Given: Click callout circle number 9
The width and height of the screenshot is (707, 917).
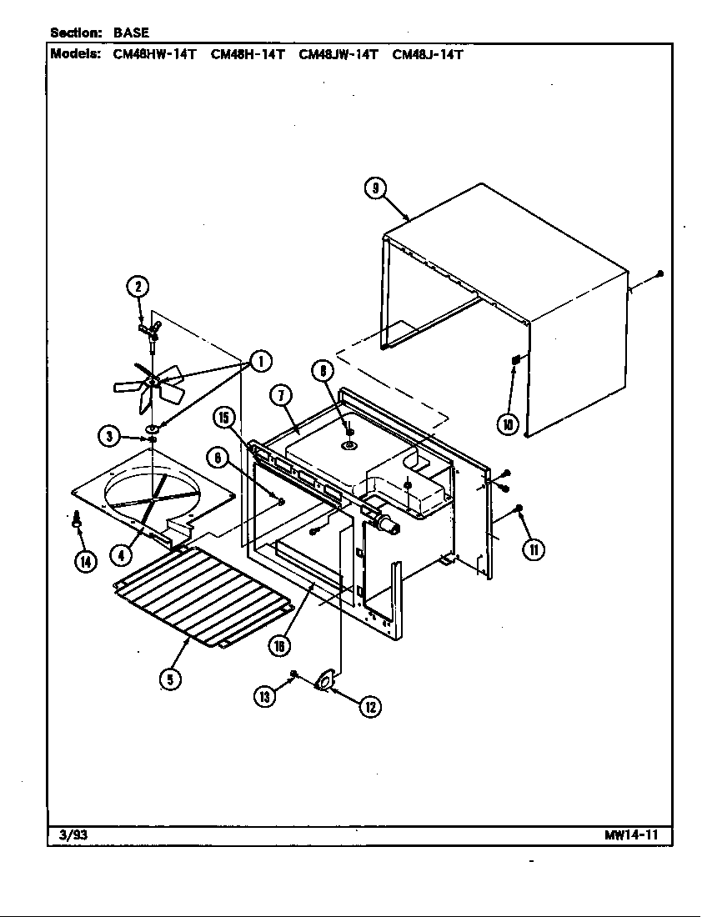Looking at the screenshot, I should tap(375, 188).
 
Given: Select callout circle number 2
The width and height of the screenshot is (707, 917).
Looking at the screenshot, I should tap(138, 288).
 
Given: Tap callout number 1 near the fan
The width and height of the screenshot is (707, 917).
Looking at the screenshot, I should tap(260, 361).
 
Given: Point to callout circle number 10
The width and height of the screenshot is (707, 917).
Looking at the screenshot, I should tap(508, 423).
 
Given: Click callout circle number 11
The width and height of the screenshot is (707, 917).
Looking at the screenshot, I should tap(534, 549).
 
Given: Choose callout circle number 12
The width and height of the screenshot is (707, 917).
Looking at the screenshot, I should tap(369, 707).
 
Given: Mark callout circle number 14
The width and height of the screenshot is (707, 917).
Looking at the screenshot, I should tap(84, 561).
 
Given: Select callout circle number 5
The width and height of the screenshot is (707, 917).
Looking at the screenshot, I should tap(169, 679).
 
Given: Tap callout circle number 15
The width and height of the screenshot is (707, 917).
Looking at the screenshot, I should tap(223, 417).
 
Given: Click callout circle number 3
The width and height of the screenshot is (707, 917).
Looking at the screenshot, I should tap(108, 434).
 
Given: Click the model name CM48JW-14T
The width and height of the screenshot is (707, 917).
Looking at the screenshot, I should tap(338, 55).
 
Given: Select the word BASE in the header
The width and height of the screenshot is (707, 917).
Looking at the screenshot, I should tap(132, 33).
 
